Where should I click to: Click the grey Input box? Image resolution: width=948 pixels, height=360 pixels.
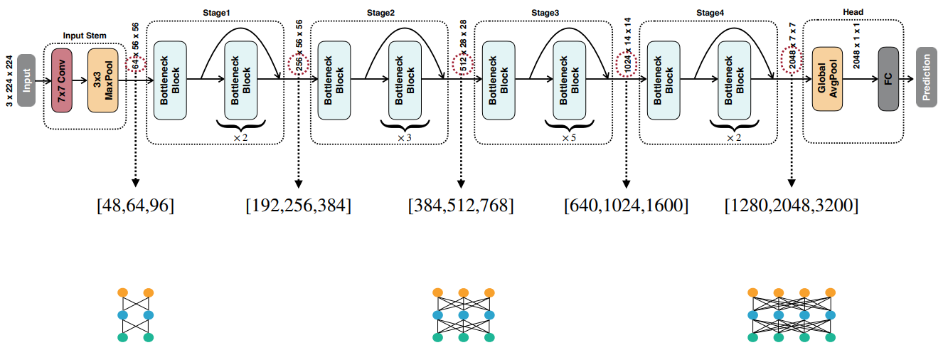[x=26, y=80]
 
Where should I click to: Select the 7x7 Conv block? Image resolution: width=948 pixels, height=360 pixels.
[x=63, y=80]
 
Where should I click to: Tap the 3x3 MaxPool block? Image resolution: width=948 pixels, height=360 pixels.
[x=102, y=80]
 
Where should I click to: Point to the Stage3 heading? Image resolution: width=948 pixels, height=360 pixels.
[x=545, y=12]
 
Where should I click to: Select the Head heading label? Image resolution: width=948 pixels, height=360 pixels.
[x=853, y=12]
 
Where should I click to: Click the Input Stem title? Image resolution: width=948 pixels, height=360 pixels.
[x=85, y=36]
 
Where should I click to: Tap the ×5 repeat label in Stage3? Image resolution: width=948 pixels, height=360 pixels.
[x=569, y=137]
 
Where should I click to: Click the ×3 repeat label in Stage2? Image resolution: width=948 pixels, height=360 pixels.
[x=404, y=137]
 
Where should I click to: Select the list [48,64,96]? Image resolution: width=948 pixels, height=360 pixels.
[x=135, y=206]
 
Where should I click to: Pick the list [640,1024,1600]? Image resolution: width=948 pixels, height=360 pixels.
[x=626, y=206]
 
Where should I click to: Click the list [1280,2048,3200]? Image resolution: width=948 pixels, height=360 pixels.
[x=791, y=206]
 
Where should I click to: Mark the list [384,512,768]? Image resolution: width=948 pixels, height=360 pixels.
[x=461, y=206]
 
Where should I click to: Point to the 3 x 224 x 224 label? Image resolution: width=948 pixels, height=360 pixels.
[x=9, y=79]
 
